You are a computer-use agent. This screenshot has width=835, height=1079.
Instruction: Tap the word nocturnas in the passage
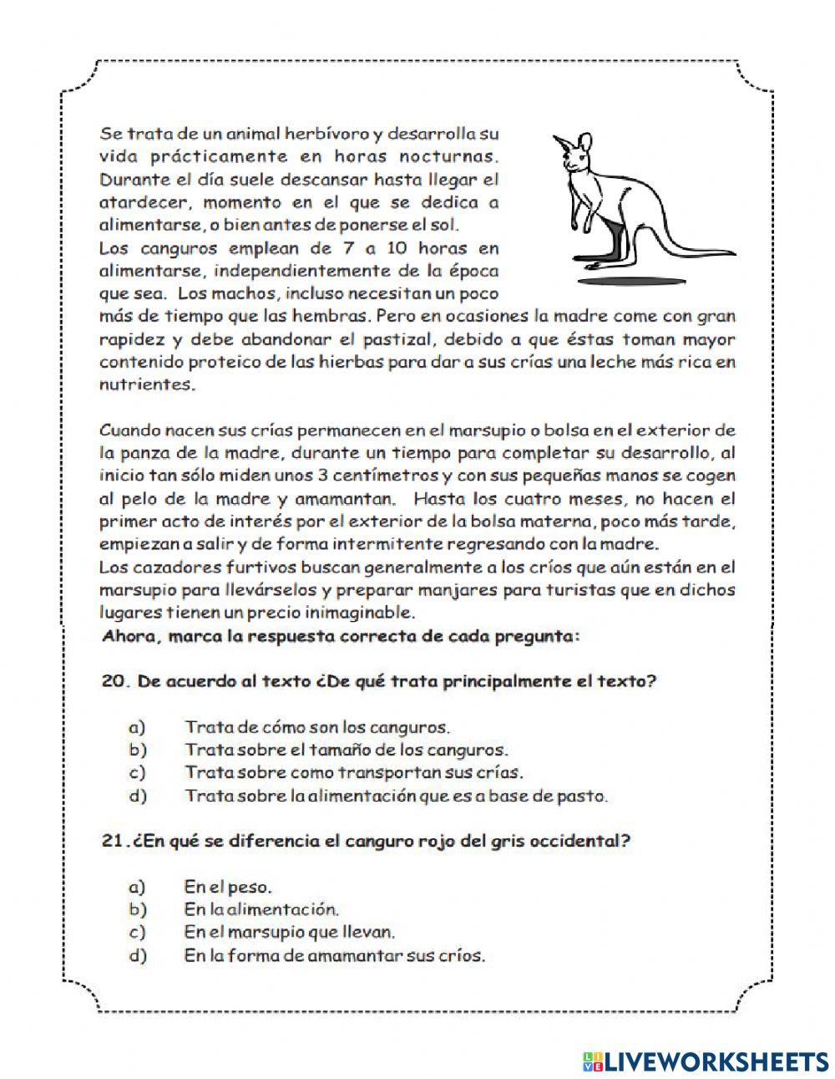[x=450, y=155]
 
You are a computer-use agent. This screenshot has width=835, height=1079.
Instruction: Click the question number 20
[x=114, y=681]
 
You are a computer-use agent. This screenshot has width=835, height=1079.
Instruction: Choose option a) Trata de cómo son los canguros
[x=316, y=727]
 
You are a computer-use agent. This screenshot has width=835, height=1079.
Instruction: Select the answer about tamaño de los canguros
[x=346, y=750]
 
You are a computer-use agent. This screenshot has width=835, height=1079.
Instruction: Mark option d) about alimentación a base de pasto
[x=396, y=796]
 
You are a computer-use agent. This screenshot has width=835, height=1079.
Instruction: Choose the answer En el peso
[x=228, y=887]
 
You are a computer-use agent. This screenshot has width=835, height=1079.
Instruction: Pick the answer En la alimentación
[x=261, y=909]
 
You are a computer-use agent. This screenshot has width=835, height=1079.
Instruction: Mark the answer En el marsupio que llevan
[x=289, y=932]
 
